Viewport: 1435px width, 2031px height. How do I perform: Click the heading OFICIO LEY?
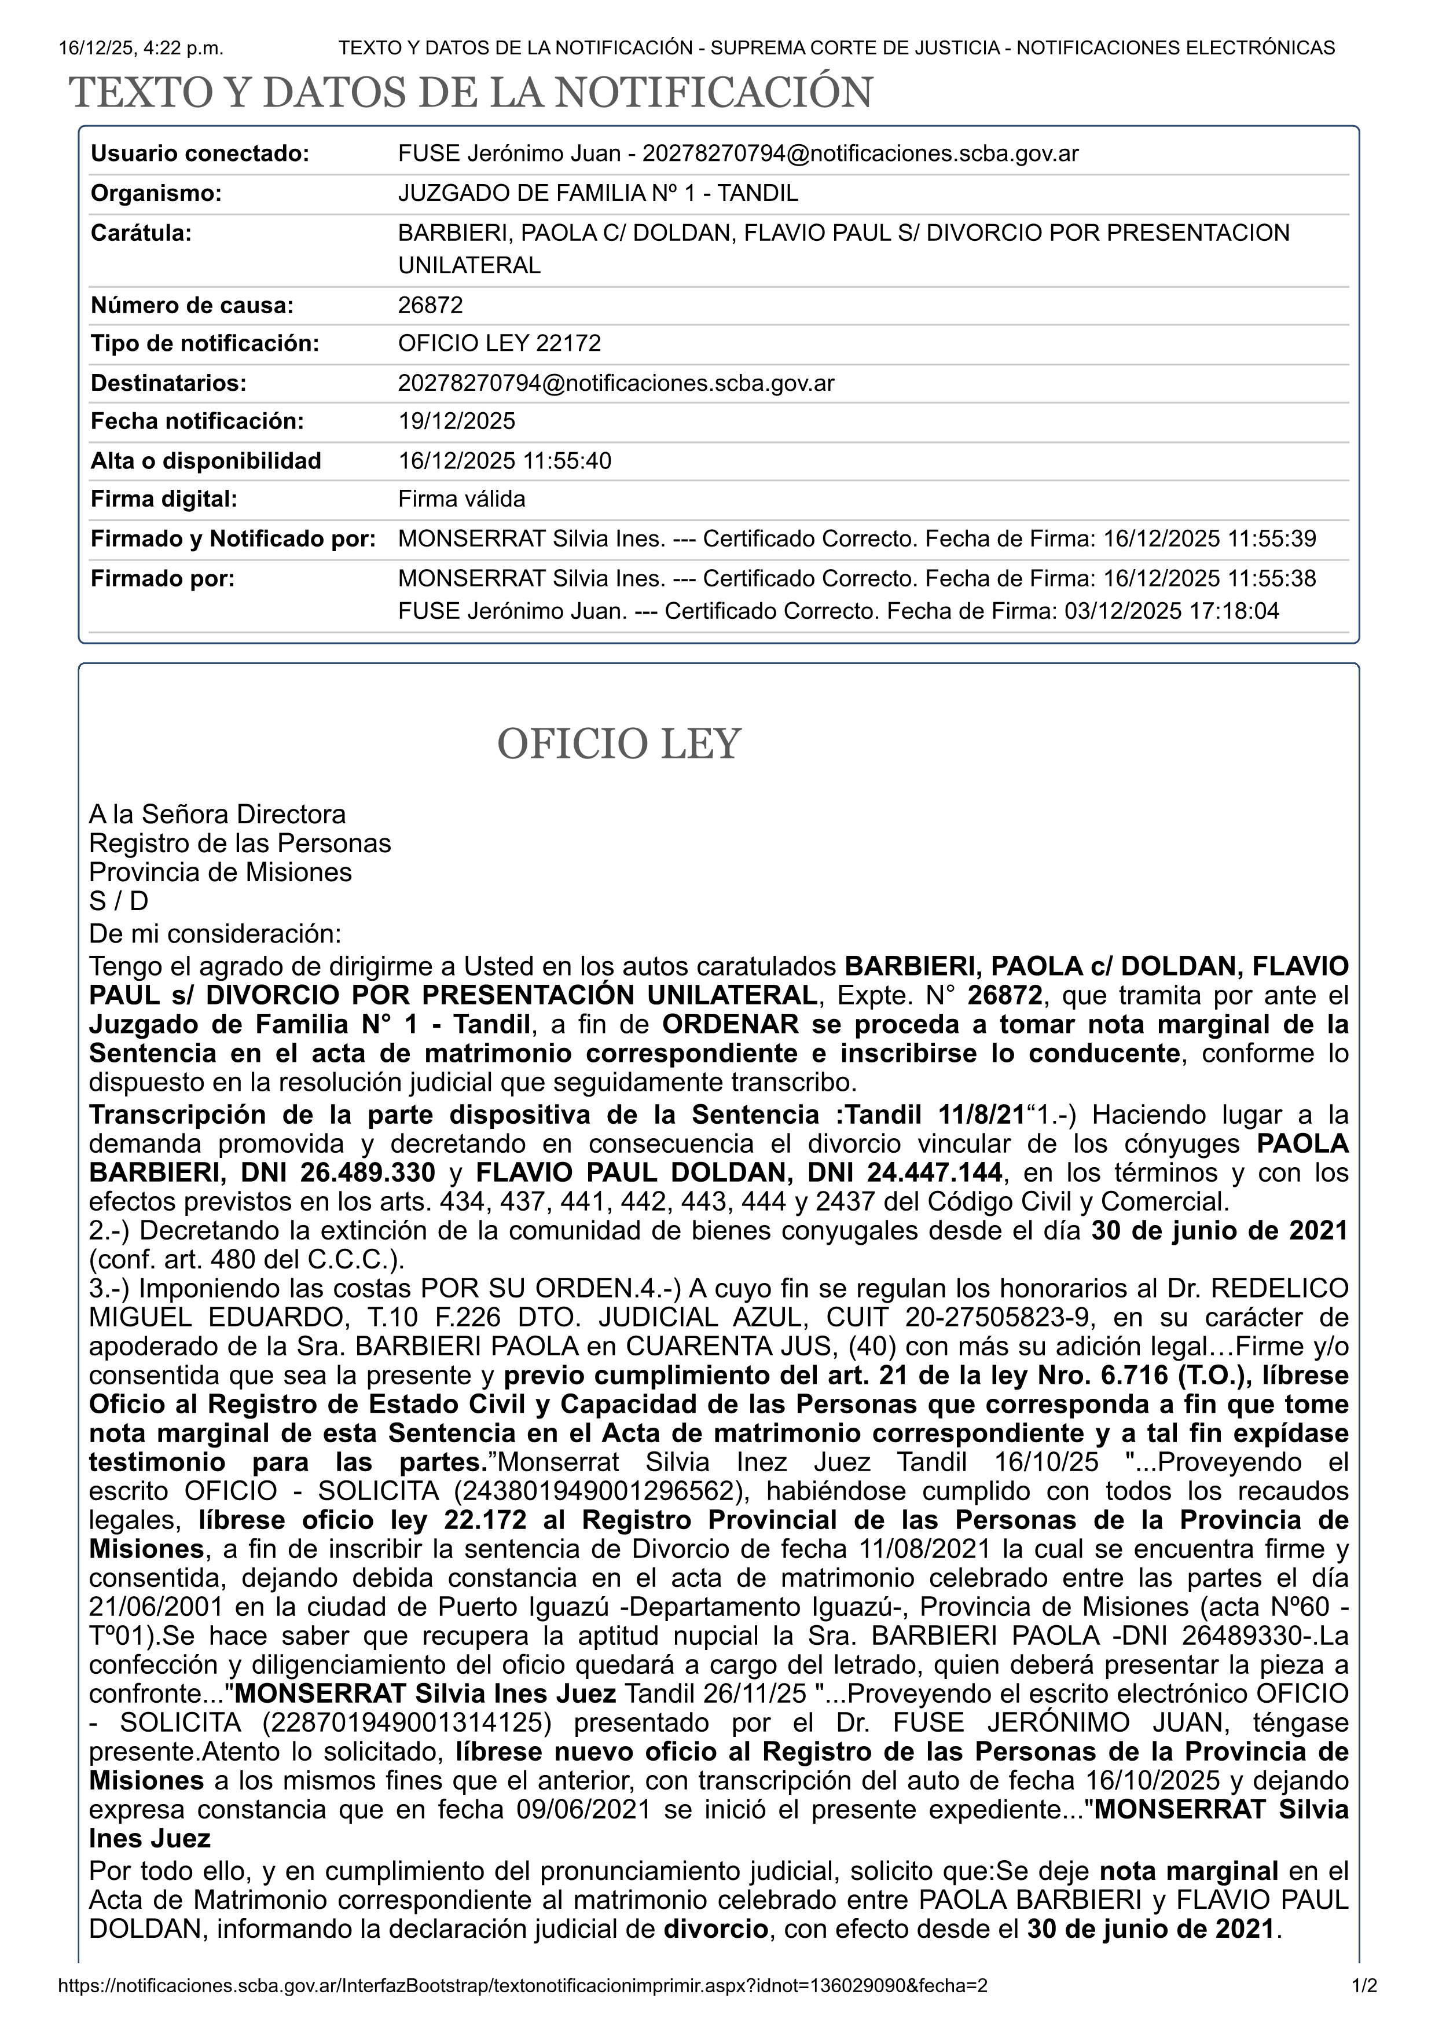(x=618, y=744)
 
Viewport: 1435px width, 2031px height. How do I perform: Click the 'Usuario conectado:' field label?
(x=200, y=154)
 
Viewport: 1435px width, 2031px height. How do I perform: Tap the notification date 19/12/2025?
(x=456, y=421)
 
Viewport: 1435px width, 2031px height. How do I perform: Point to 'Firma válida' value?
(x=461, y=499)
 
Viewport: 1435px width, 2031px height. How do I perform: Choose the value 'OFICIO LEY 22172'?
(x=500, y=343)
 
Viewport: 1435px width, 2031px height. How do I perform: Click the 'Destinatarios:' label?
(x=168, y=383)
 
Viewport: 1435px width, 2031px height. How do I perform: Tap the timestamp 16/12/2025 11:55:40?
(x=505, y=461)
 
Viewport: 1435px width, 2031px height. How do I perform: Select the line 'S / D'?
(x=119, y=901)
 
